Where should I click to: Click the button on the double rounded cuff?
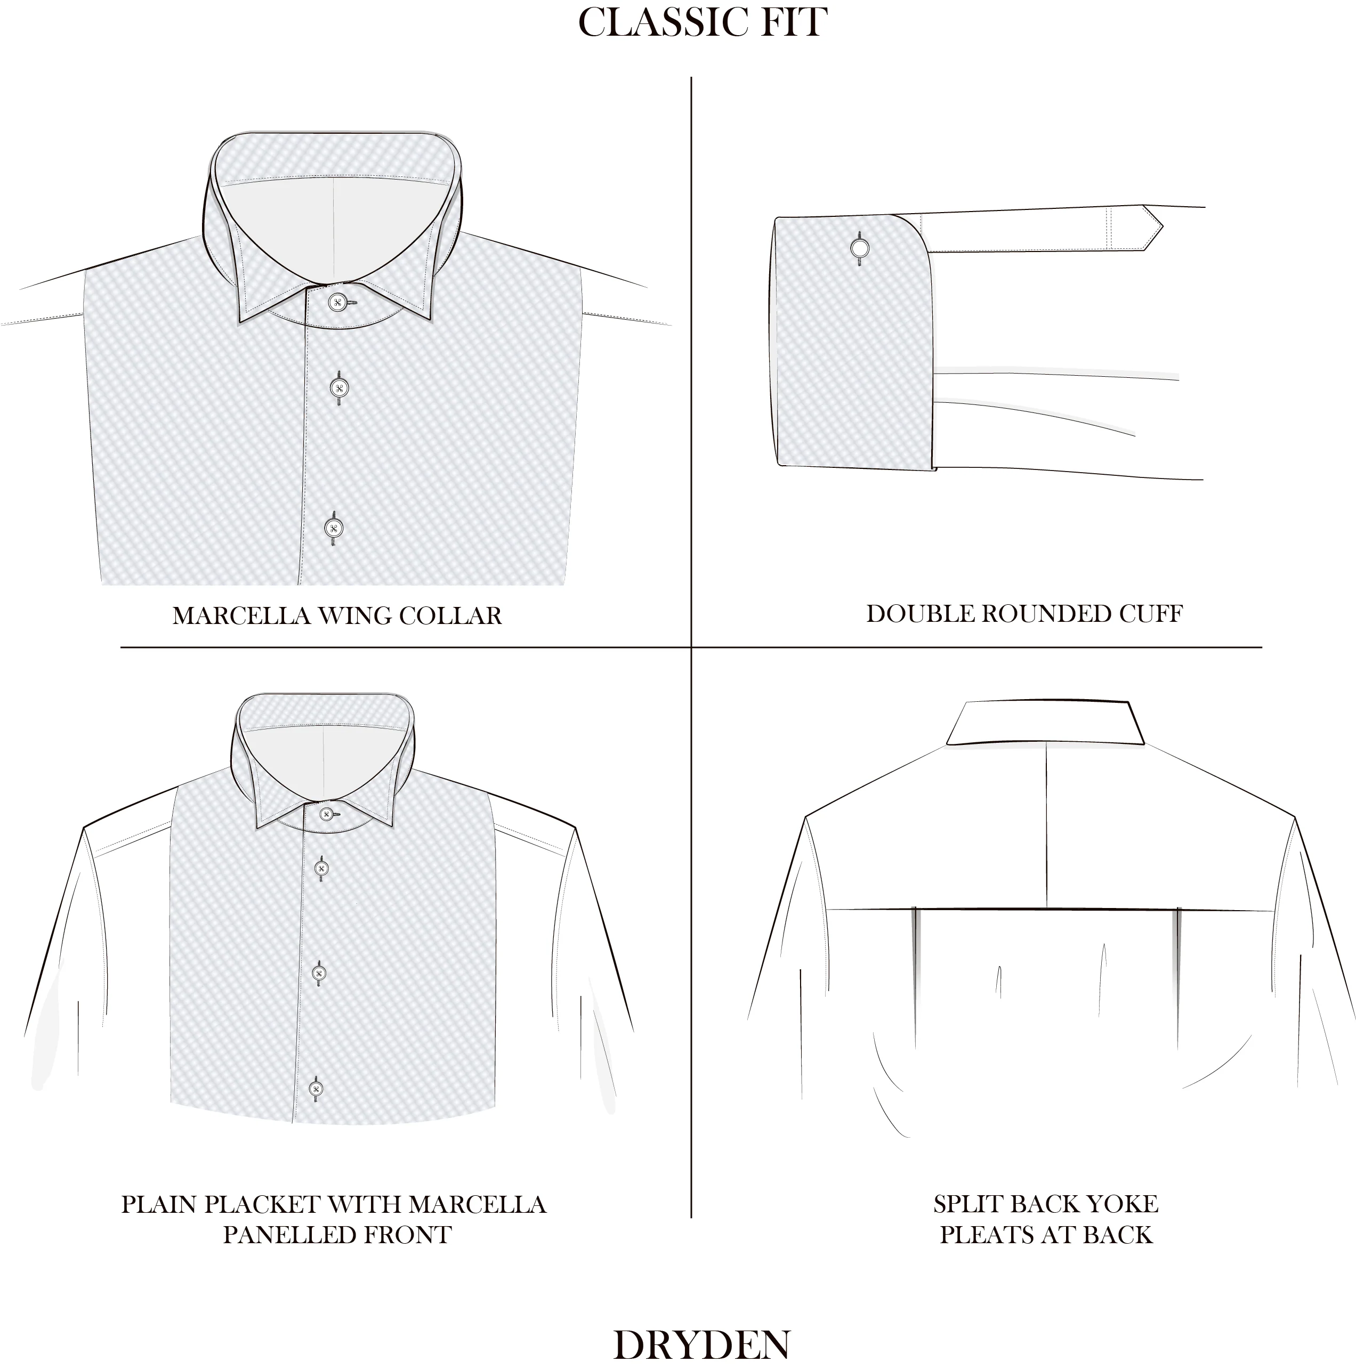coord(860,248)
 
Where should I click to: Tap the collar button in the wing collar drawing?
coord(337,303)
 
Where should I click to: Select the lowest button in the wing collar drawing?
coord(333,528)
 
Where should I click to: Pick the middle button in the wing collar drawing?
coord(339,388)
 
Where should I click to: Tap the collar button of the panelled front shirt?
coord(326,814)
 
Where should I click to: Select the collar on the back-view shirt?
coord(1045,723)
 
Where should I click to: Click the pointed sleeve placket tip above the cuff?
coord(1153,227)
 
